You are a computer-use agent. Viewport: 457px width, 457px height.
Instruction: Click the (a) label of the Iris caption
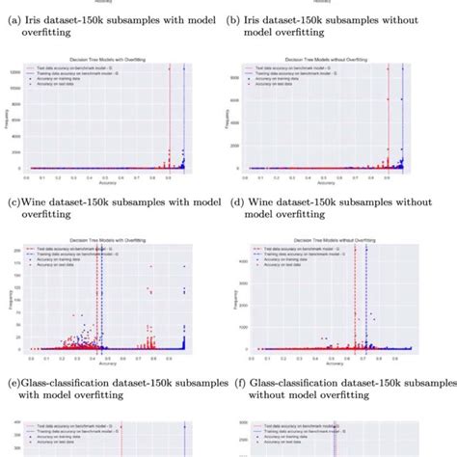(14, 19)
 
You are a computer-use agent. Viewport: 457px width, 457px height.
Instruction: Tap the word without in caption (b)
(409, 19)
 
